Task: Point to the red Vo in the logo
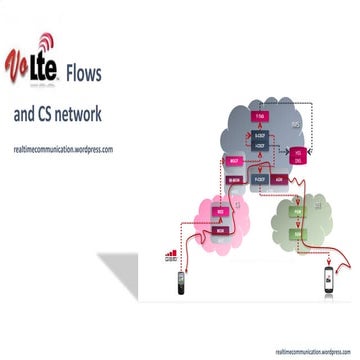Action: pos(17,66)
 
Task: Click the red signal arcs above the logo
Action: pos(46,42)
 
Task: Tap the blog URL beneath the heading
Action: pos(63,148)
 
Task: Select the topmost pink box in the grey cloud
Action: pos(260,115)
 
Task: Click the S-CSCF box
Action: pos(260,136)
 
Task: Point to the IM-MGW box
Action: pos(233,181)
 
